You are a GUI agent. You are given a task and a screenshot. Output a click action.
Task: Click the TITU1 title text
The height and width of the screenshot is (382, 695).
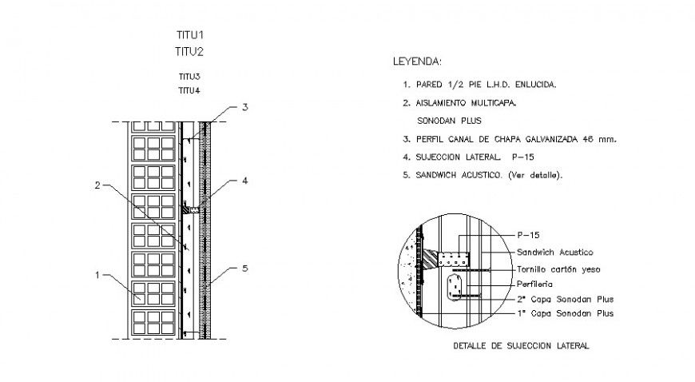click(x=189, y=36)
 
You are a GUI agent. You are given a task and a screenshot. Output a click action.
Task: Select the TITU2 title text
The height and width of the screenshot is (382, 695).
click(x=189, y=52)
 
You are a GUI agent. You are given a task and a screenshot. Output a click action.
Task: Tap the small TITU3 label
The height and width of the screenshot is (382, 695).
click(x=189, y=77)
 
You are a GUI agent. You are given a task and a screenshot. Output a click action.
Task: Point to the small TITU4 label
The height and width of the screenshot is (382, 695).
click(x=189, y=90)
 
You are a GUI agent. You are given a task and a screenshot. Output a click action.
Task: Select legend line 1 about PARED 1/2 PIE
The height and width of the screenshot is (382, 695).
click(x=479, y=84)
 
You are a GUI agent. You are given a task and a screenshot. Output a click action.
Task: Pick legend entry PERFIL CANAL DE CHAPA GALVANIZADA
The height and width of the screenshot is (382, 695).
click(x=510, y=139)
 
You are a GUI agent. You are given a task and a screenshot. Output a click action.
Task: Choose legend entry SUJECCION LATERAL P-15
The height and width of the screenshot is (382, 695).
click(x=463, y=157)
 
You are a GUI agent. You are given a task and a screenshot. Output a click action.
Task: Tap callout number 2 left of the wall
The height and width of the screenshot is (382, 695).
click(x=97, y=185)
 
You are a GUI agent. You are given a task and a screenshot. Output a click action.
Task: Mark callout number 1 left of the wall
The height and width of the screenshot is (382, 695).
click(x=97, y=275)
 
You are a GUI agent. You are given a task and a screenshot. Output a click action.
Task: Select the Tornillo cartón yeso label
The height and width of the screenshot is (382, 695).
click(x=558, y=269)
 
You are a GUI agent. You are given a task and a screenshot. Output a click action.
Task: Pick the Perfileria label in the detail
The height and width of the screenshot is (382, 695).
click(x=535, y=284)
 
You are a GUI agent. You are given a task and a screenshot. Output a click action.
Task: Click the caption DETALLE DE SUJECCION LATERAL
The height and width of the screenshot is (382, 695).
click(x=520, y=346)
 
